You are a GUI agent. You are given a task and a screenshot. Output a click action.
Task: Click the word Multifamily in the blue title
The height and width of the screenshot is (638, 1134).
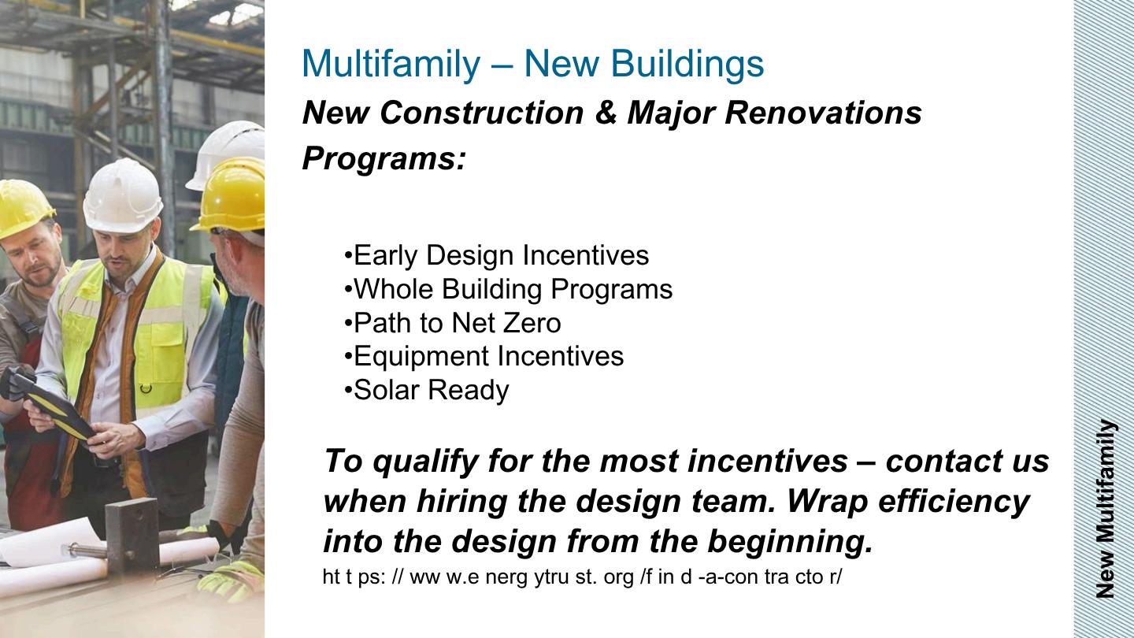391,64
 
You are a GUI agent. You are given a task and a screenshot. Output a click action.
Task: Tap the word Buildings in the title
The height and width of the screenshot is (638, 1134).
687,64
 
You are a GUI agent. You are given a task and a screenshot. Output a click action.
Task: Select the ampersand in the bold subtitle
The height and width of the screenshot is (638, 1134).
606,113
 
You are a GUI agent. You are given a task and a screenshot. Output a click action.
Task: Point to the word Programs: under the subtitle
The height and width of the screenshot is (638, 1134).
384,158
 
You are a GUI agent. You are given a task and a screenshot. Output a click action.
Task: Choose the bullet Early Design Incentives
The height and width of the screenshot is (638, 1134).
496,255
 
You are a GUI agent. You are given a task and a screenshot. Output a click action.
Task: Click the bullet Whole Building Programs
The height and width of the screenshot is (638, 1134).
508,289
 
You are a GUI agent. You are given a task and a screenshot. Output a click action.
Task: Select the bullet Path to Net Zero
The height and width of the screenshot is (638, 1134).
453,323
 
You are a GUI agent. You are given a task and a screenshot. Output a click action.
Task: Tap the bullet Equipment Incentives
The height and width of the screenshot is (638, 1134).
484,357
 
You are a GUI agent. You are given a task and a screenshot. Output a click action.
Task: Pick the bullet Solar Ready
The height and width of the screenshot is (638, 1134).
426,391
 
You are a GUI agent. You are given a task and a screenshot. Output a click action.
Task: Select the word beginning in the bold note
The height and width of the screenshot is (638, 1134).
791,542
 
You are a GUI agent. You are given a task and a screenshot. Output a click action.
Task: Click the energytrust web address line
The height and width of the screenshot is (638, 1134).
582,577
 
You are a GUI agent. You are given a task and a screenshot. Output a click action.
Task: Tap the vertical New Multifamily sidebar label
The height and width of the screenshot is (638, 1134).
1106,508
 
